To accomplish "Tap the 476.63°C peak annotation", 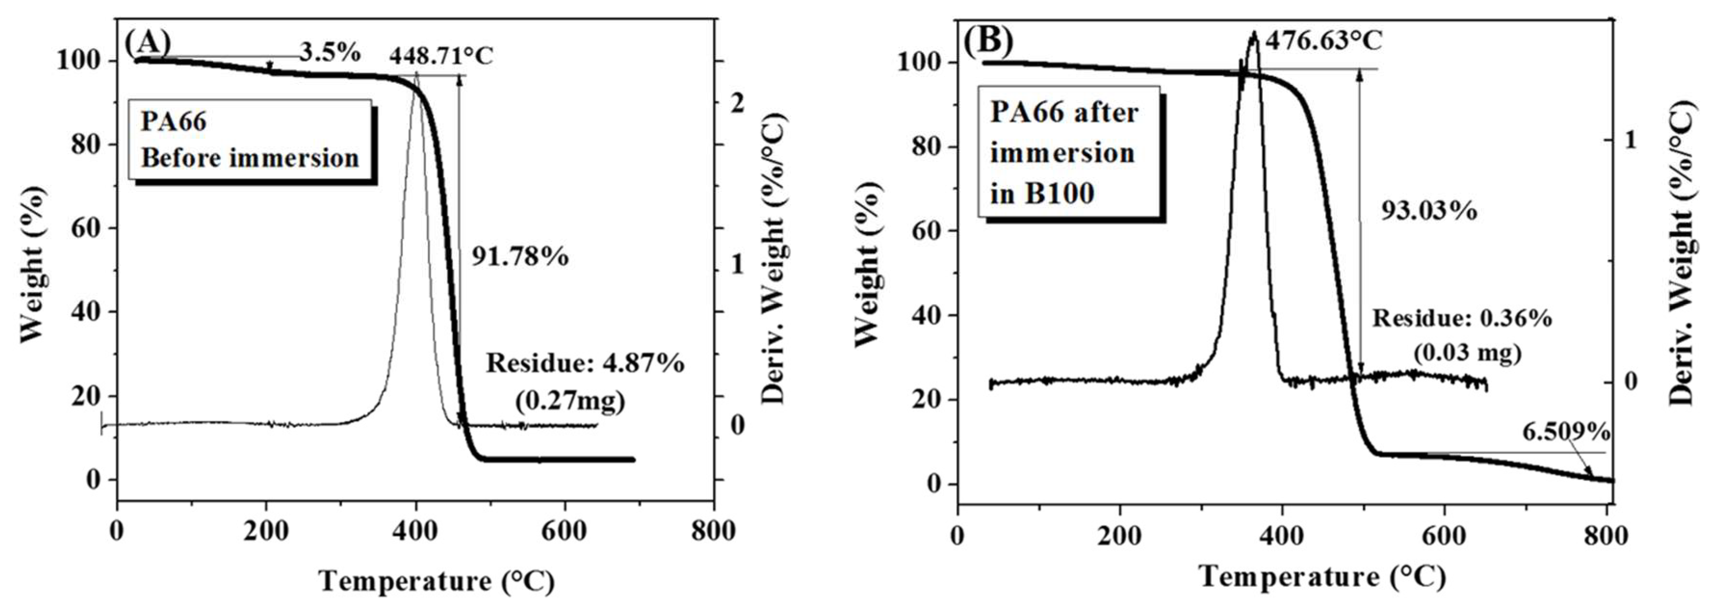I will (x=1324, y=40).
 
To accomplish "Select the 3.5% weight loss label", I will (x=329, y=52).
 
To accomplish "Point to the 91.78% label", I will (x=520, y=256).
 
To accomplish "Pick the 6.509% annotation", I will (x=1566, y=433).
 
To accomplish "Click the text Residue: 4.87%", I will (x=585, y=364).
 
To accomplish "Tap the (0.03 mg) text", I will (x=1467, y=351).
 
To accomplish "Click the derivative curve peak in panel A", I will (x=416, y=74).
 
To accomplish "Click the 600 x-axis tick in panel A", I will (x=565, y=531).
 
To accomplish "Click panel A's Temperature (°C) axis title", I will (x=437, y=581).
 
